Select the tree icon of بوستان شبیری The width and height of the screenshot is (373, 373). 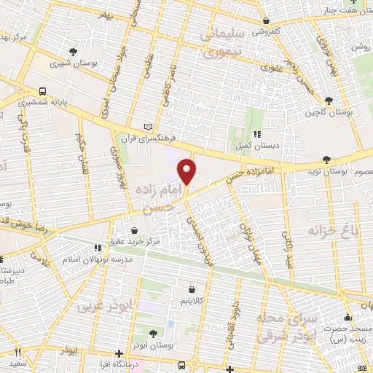(x=73, y=50)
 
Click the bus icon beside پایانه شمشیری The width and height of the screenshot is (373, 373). (x=43, y=92)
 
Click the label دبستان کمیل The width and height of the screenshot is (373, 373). (x=256, y=146)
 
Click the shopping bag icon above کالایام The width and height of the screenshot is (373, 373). (x=192, y=287)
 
